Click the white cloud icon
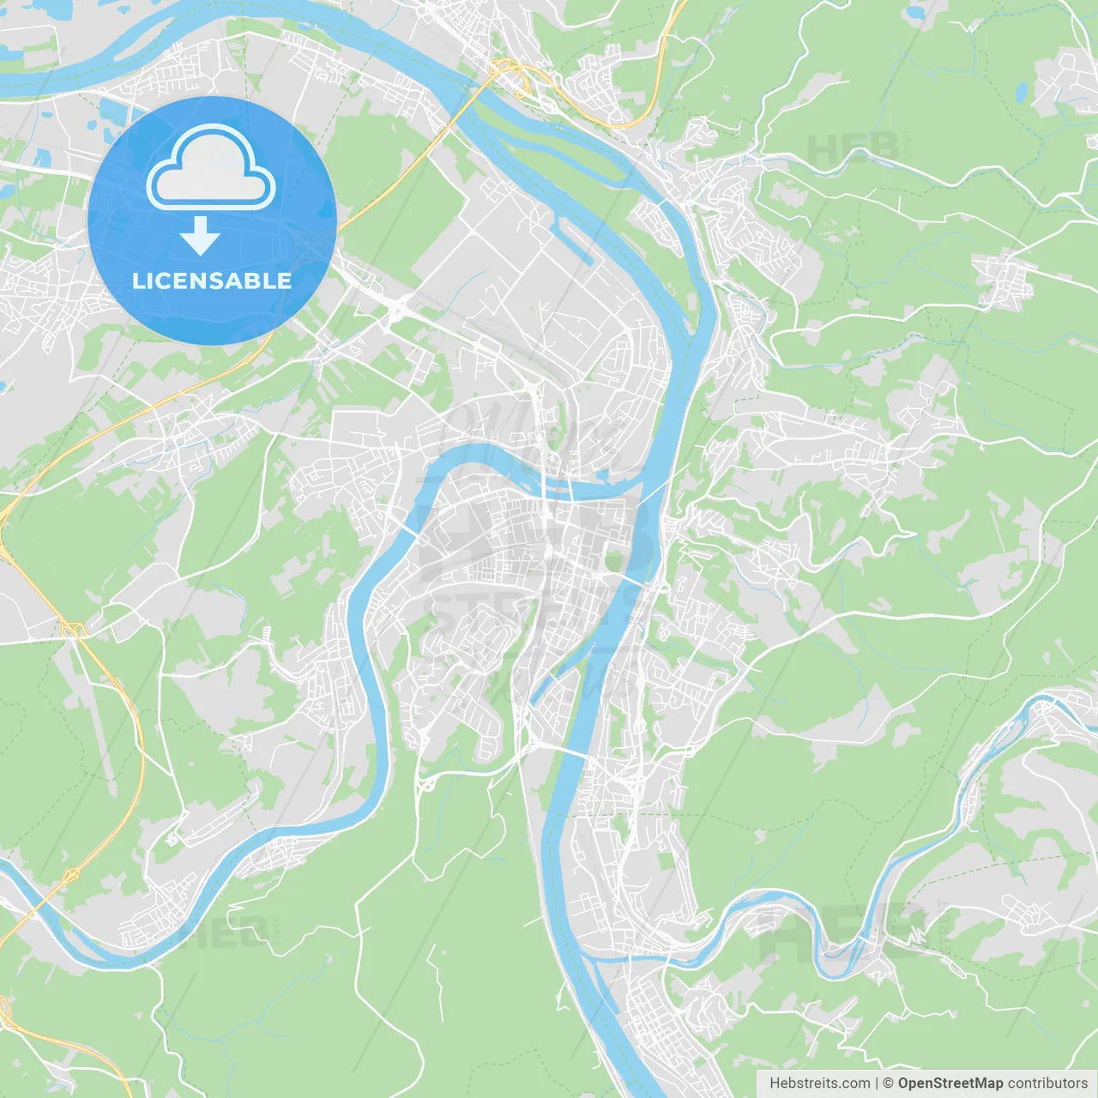(211, 167)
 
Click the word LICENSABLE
(211, 281)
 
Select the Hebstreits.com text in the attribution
(819, 1083)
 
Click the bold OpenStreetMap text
(950, 1083)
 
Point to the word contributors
(1047, 1083)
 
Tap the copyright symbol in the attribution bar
(889, 1083)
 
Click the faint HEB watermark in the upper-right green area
(854, 148)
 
